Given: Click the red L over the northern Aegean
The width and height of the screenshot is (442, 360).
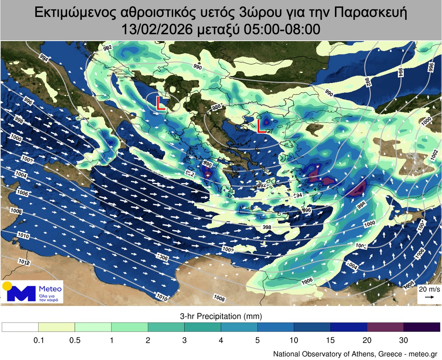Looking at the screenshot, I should click(x=261, y=126).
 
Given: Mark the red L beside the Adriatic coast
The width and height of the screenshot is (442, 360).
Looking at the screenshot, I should click(x=160, y=103).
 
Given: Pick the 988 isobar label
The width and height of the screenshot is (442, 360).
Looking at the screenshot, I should click(x=216, y=107).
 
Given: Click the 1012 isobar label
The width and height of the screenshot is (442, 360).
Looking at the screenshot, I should click(x=23, y=262).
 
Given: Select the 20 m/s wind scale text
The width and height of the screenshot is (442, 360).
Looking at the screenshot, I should click(x=429, y=289).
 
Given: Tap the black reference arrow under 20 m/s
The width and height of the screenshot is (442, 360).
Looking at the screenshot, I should click(x=429, y=297).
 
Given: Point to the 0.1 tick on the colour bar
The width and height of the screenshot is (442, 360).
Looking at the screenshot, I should click(x=39, y=340).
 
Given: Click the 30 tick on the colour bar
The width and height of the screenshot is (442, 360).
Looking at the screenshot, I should click(x=403, y=340).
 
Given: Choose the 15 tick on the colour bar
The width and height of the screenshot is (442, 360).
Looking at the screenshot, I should click(x=330, y=340).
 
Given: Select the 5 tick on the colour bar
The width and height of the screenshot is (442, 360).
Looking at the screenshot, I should click(x=257, y=340).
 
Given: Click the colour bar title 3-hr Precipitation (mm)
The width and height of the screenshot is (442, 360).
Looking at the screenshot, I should click(x=221, y=316).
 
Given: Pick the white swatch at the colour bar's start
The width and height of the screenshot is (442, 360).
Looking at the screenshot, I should click(x=20, y=327).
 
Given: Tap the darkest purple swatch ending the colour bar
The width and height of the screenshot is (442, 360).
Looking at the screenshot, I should click(x=421, y=327).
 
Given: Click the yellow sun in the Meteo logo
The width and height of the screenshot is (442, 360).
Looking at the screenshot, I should click(x=7, y=286).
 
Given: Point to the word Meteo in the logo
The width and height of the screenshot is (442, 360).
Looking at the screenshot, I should click(x=50, y=289).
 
